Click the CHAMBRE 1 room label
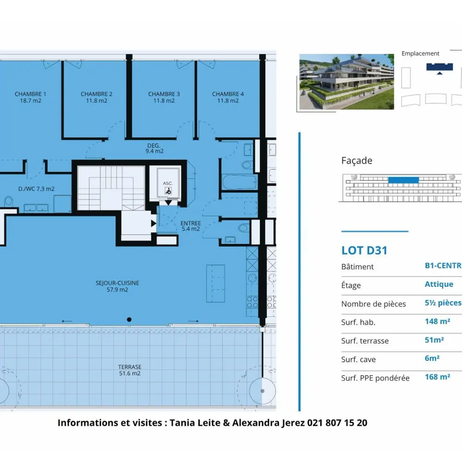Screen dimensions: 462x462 [x=30, y=94]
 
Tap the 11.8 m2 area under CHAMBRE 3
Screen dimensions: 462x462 [x=164, y=101]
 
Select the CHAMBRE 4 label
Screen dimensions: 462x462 [x=228, y=94]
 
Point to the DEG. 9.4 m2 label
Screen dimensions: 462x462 [x=154, y=148]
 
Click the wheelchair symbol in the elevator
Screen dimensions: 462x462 [x=168, y=191]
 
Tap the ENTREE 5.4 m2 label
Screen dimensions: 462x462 [x=191, y=226]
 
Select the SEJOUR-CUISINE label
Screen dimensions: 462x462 [x=117, y=283]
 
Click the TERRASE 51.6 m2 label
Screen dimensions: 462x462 [x=130, y=370]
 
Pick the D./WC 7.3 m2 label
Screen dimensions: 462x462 [x=36, y=189]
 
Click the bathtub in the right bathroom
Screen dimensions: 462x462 [x=239, y=182]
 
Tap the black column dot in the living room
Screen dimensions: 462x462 [x=129, y=319]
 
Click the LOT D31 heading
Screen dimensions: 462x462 [x=364, y=250]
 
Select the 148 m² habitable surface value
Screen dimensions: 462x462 [x=437, y=321]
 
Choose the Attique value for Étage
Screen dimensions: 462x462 [x=439, y=284]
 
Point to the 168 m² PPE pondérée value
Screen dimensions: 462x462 [x=437, y=377]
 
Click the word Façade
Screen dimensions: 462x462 [x=357, y=161]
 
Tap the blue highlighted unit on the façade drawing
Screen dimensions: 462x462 [x=403, y=180]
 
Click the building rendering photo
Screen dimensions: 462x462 [x=346, y=82]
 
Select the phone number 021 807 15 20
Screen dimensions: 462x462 [x=337, y=423]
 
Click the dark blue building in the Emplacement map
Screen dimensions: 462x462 [x=439, y=67]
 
